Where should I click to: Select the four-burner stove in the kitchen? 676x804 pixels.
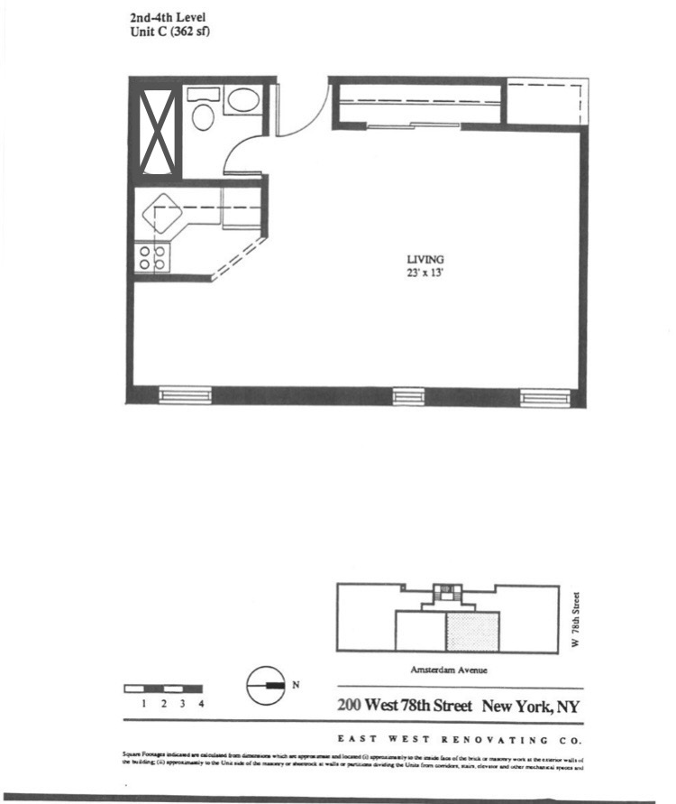click(x=151, y=258)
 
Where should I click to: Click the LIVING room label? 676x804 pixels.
click(x=425, y=259)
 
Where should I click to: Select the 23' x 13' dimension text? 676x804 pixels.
click(x=425, y=272)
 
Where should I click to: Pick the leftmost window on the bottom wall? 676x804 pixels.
click(x=185, y=395)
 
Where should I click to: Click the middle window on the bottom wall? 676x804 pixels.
click(x=407, y=396)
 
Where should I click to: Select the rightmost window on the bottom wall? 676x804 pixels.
click(x=545, y=396)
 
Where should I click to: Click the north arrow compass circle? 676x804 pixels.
click(x=261, y=685)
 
